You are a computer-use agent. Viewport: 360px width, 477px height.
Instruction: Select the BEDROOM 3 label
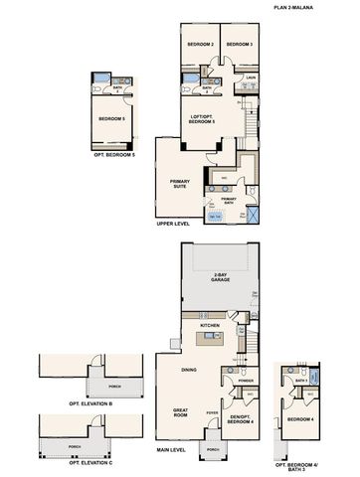pos(237,46)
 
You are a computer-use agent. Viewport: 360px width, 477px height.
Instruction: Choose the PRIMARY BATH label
pos(229,201)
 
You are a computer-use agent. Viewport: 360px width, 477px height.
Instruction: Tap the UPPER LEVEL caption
pos(172,224)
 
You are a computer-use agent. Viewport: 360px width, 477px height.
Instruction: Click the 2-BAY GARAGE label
pos(220,279)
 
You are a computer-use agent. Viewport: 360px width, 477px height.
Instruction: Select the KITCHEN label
pos(210,325)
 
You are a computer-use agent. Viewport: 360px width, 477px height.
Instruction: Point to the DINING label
pos(188,371)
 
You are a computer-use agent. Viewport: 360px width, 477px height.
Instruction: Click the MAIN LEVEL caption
pos(171,449)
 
